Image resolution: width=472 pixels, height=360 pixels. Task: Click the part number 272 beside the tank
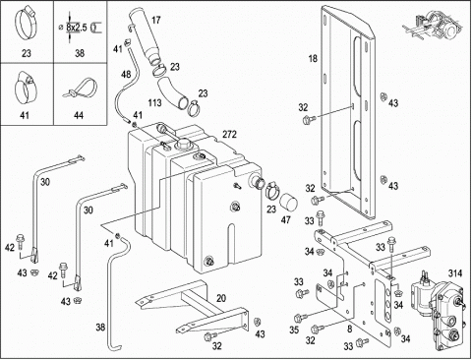(229, 135)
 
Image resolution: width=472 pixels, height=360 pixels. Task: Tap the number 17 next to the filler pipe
(156, 20)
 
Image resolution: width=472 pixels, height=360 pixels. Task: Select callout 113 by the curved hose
(154, 103)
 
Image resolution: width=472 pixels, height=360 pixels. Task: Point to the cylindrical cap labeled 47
(288, 202)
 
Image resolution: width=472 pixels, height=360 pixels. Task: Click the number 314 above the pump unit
(455, 273)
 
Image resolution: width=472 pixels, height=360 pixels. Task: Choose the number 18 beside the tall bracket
(313, 59)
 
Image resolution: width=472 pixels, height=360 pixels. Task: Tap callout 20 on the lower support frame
(221, 298)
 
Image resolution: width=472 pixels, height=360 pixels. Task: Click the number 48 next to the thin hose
(126, 75)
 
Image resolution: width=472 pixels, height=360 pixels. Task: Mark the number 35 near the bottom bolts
(294, 330)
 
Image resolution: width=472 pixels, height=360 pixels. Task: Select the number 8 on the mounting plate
(350, 329)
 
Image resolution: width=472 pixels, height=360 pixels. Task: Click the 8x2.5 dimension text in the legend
(77, 28)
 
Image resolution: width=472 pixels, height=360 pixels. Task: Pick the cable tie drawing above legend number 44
(81, 89)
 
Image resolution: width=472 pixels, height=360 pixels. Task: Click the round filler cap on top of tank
(184, 144)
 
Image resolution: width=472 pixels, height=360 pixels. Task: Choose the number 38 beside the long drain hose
(100, 327)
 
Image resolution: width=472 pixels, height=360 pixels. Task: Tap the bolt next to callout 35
(301, 318)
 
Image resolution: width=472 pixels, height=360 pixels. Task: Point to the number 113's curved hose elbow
(171, 92)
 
